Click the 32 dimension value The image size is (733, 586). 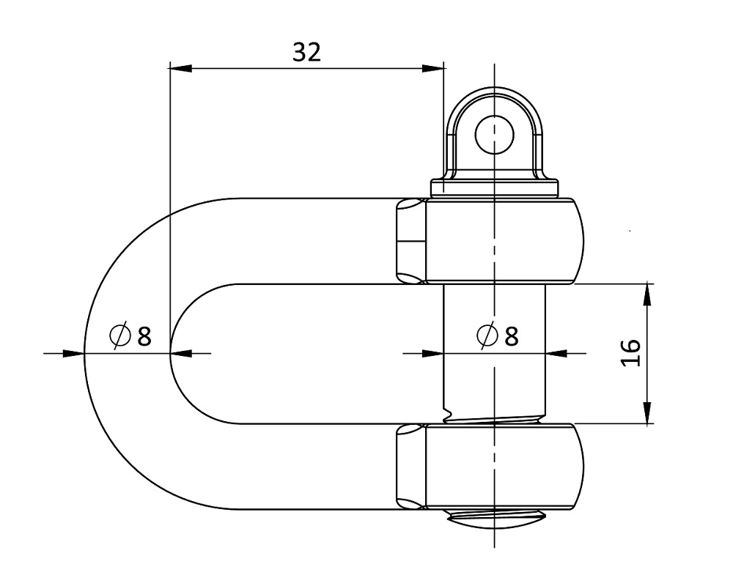(306, 52)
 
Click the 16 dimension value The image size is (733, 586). (632, 353)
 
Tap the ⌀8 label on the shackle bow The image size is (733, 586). (130, 335)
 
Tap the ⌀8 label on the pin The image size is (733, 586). (498, 335)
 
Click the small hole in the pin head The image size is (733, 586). (494, 135)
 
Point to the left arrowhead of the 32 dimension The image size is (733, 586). (181, 68)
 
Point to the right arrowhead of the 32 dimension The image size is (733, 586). (432, 68)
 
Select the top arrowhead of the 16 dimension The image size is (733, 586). (647, 294)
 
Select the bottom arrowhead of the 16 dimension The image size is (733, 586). (647, 412)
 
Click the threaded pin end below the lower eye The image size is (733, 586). (496, 519)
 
